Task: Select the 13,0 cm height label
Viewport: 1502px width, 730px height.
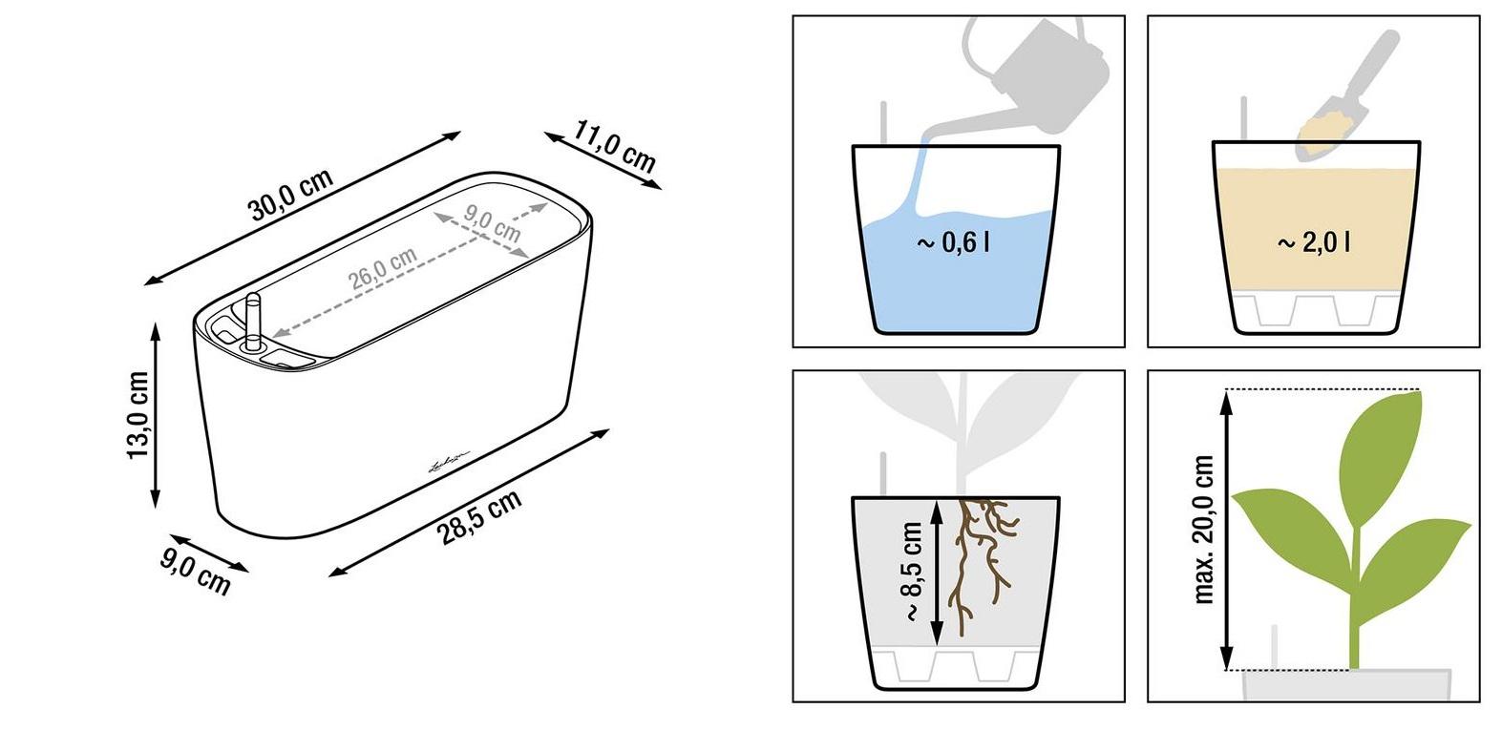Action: click(138, 415)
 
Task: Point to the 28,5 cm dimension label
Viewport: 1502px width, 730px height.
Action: click(478, 517)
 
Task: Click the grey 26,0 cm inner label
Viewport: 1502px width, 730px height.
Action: click(383, 268)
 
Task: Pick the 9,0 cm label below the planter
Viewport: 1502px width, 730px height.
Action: click(195, 571)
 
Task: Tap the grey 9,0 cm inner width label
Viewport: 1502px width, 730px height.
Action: click(492, 223)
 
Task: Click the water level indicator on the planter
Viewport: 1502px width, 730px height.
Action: click(253, 322)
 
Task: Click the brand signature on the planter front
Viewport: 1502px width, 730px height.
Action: click(449, 462)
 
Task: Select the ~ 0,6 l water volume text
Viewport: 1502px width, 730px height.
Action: click(953, 242)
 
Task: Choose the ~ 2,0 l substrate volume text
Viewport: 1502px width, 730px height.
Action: click(1314, 242)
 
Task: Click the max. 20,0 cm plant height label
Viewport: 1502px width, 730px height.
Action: click(1204, 530)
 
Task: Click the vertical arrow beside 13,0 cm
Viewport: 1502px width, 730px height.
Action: click(156, 416)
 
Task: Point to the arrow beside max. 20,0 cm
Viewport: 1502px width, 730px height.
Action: click(1226, 530)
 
